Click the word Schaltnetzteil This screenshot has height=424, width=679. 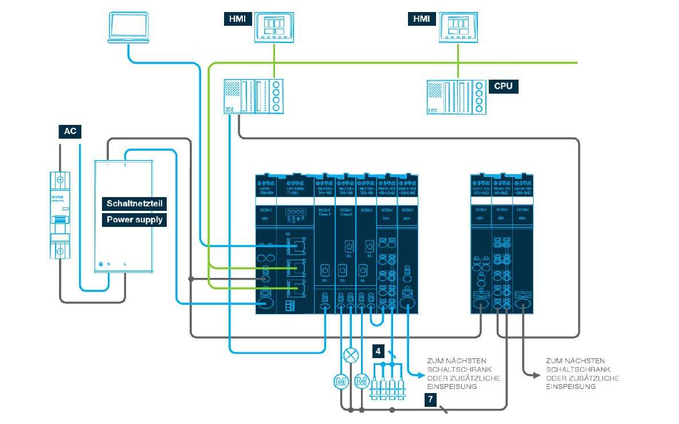pyautogui.click(x=135, y=203)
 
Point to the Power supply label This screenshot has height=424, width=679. pyautogui.click(x=135, y=219)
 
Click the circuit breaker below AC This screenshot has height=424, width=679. pyautogui.click(x=60, y=215)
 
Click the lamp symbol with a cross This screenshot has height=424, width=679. pyautogui.click(x=350, y=355)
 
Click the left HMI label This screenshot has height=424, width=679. pyautogui.click(x=236, y=18)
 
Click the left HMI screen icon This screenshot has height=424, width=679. pyautogui.click(x=274, y=26)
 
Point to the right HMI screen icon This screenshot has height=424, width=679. pyautogui.click(x=458, y=26)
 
